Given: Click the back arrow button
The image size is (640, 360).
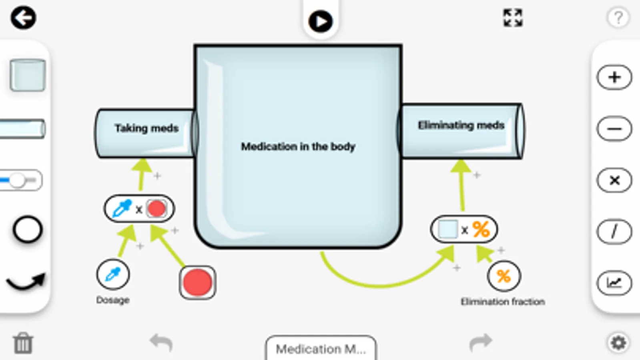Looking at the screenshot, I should click(x=23, y=18).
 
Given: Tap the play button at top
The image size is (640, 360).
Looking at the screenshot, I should click(x=320, y=21).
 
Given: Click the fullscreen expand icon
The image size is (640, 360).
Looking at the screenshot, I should click(x=513, y=18).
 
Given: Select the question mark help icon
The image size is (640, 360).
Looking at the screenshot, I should click(x=618, y=18).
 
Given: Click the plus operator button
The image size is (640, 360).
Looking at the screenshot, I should click(x=614, y=77).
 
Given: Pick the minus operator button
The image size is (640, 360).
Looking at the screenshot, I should click(x=614, y=129).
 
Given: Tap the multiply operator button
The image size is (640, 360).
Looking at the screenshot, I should click(x=614, y=180).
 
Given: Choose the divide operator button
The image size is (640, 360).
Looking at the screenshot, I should click(x=614, y=232).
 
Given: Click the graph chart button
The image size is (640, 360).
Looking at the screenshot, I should click(x=614, y=283).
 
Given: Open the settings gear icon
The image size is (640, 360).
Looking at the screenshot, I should click(x=618, y=343).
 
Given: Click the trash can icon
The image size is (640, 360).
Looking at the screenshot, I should click(x=23, y=343).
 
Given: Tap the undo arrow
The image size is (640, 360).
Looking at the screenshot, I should click(x=161, y=342).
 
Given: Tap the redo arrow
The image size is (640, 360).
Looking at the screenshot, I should click(x=480, y=342).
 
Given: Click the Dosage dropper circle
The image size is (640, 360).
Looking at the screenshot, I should click(x=113, y=275).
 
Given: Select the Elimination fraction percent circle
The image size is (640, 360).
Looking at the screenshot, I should click(x=504, y=276).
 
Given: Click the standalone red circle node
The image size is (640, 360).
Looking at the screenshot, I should click(x=197, y=282).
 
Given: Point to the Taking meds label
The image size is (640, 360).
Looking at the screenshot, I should click(x=146, y=128).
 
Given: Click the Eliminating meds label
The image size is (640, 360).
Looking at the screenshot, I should click(x=461, y=126).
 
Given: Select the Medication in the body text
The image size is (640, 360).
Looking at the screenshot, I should click(x=298, y=147).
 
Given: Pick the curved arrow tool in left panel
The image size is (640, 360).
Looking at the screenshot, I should click(x=26, y=281).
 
